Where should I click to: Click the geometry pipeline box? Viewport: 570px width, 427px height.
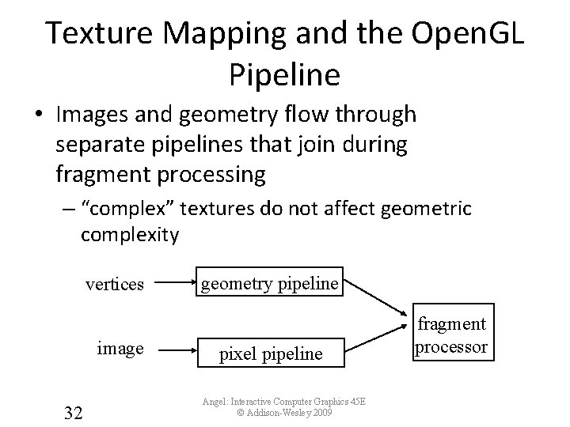click(270, 283)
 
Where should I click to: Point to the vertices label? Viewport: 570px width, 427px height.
click(115, 284)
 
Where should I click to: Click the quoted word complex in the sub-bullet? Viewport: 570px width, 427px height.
click(132, 209)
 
